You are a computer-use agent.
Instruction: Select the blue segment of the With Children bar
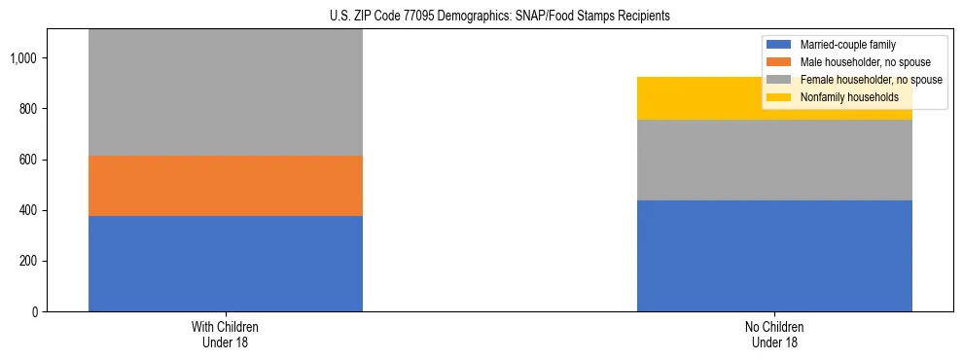[226, 264]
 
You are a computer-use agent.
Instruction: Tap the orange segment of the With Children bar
[226, 186]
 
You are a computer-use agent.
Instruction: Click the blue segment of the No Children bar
[774, 256]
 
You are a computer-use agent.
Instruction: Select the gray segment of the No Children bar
[774, 161]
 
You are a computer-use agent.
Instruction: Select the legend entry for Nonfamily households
[842, 97]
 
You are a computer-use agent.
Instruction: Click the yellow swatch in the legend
[780, 97]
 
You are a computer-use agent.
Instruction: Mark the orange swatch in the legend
[780, 62]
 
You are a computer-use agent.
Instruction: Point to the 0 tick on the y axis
[35, 312]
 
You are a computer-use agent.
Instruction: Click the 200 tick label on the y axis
[27, 262]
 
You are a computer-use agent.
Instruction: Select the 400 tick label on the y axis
[27, 211]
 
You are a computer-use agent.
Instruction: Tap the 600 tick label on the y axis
[27, 160]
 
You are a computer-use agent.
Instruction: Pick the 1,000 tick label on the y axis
[23, 58]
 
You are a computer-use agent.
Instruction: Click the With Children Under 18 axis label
[226, 335]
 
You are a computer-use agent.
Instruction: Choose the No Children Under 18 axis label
[774, 335]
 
